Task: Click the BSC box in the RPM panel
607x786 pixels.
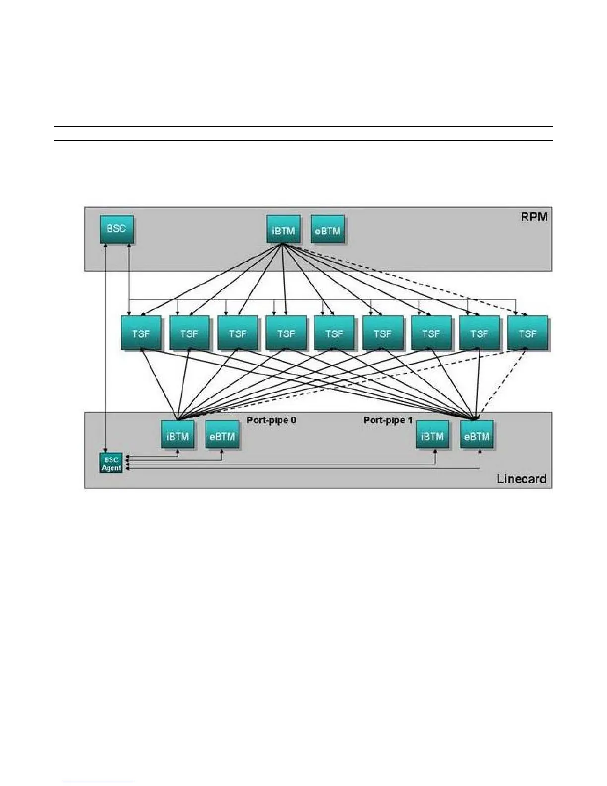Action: (117, 229)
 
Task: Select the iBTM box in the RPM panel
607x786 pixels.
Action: (283, 230)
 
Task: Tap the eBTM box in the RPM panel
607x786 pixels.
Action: (328, 230)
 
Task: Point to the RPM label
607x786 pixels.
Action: (534, 217)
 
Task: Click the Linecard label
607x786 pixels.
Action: (521, 479)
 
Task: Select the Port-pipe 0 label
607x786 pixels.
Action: (271, 420)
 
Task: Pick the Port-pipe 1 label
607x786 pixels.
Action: (388, 420)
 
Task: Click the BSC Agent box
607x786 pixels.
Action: (111, 463)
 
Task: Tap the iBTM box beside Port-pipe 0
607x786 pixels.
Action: (178, 436)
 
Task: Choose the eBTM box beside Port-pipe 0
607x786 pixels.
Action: (222, 436)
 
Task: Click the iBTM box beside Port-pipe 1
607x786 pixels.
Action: (432, 436)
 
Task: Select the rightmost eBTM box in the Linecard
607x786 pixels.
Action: (477, 436)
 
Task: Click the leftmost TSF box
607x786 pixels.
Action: (141, 333)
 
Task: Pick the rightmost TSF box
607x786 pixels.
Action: (528, 333)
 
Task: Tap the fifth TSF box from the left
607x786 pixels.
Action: (334, 333)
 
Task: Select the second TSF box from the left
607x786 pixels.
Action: (189, 333)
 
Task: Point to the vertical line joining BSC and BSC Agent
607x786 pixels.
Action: (106, 347)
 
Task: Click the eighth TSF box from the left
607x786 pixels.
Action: (479, 333)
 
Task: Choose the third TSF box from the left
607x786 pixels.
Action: (238, 333)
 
